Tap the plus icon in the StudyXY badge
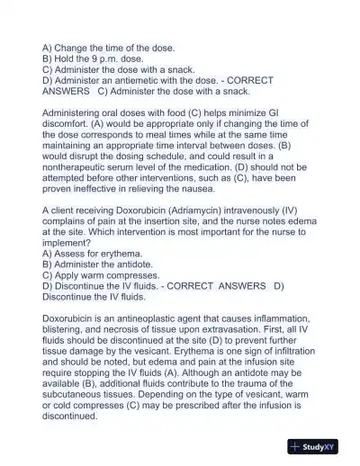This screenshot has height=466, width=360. (296, 446)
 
